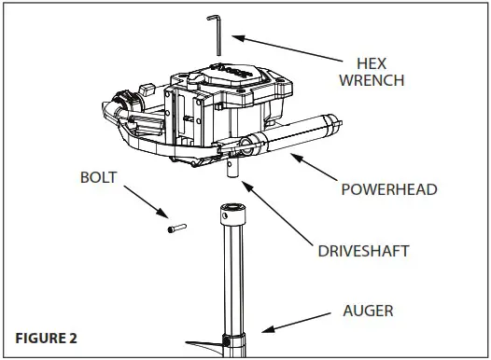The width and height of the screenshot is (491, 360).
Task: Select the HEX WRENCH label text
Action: click(x=380, y=72)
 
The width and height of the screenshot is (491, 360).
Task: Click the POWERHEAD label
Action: click(x=389, y=189)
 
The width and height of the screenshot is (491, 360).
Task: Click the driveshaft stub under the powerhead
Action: click(x=232, y=171)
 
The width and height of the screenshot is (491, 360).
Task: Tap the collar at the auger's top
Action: click(x=232, y=216)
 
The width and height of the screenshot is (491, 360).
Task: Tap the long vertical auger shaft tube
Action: click(x=232, y=280)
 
